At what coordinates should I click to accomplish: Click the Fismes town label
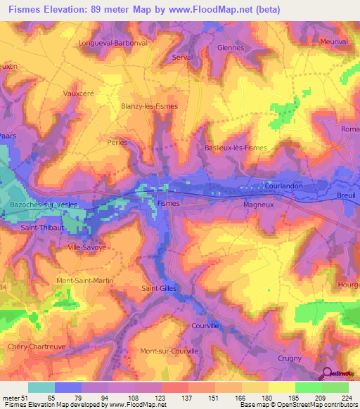(x=169, y=203)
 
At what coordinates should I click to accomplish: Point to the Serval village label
(x=182, y=58)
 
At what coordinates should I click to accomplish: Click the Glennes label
(x=231, y=48)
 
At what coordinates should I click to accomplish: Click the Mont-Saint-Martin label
(x=84, y=280)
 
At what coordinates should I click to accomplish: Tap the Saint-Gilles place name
(x=160, y=288)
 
